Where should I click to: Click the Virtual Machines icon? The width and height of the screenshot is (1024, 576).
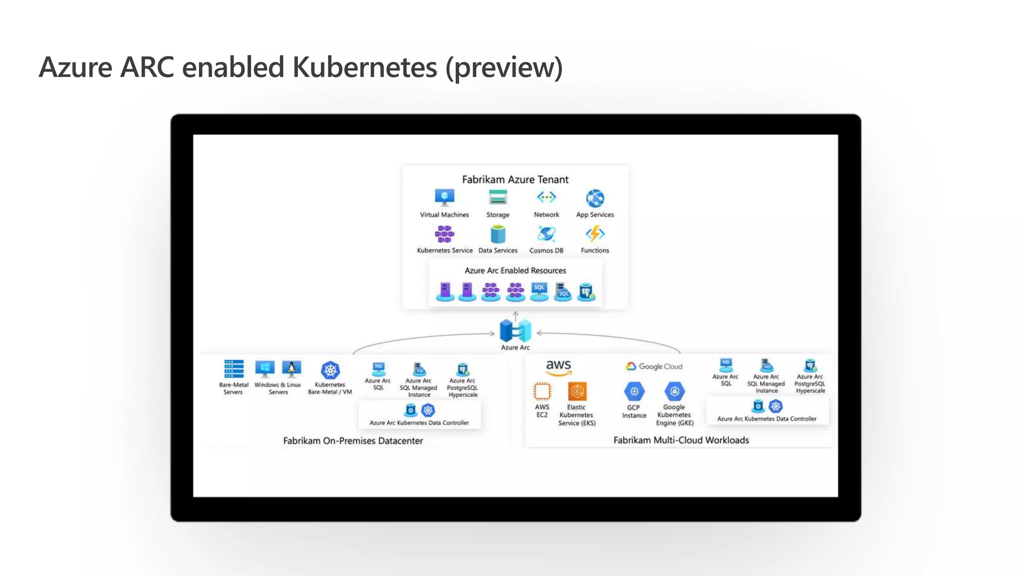[444, 197]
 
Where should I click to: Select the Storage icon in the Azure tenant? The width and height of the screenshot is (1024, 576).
[497, 197]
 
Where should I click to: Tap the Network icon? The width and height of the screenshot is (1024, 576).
[546, 197]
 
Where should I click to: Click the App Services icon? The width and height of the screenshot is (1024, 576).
[595, 198]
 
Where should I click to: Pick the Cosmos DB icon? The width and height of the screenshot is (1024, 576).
[546, 233]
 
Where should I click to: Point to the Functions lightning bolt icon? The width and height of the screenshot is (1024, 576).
[595, 233]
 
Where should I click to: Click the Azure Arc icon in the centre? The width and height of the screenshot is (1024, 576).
[515, 330]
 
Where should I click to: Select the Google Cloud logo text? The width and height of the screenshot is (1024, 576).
[654, 366]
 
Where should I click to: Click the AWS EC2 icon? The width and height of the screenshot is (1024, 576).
[542, 391]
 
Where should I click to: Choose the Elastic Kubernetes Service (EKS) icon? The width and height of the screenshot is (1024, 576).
[577, 391]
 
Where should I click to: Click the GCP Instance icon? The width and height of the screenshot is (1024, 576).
[634, 391]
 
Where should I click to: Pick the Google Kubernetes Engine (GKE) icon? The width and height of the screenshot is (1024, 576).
[674, 391]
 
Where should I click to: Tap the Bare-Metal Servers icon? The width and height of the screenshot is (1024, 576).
[233, 369]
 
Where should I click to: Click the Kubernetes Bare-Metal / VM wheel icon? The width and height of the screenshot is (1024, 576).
[330, 370]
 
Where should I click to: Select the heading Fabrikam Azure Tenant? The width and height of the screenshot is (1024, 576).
[515, 179]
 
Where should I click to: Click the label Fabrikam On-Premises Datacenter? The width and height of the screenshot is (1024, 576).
[353, 440]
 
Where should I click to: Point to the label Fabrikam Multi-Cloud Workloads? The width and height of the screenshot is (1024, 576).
[681, 440]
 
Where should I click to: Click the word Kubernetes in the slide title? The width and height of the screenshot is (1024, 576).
[364, 67]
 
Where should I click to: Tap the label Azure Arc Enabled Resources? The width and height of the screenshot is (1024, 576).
[515, 270]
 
